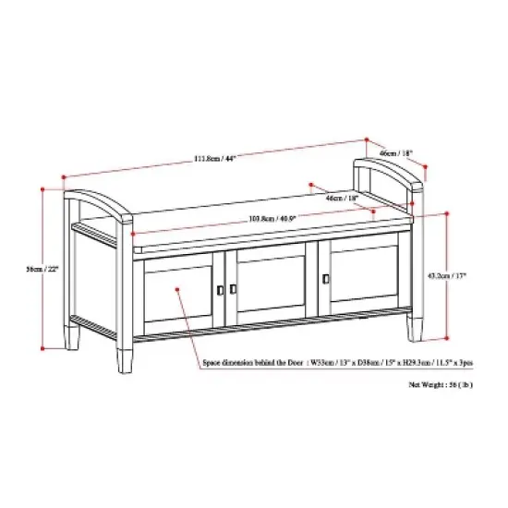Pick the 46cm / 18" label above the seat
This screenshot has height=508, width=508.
point(341,197)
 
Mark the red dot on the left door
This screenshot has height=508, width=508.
point(175,290)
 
